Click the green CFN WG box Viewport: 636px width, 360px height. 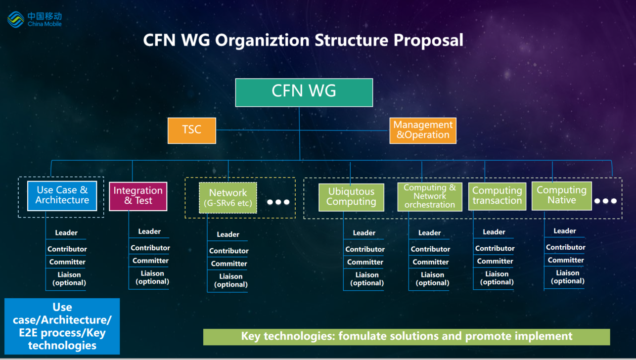click(x=304, y=92)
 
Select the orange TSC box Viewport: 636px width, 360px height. click(x=191, y=130)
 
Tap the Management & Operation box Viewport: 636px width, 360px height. click(x=422, y=130)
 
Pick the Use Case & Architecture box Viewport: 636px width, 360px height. click(x=62, y=195)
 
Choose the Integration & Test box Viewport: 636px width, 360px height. click(x=138, y=196)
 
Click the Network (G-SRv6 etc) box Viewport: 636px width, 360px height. click(x=228, y=197)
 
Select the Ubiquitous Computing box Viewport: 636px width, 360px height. click(x=351, y=197)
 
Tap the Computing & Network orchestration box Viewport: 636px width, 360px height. click(x=429, y=196)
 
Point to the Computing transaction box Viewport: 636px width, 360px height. click(x=497, y=196)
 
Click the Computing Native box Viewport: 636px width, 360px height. click(x=561, y=195)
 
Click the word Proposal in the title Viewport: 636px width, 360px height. click(x=429, y=40)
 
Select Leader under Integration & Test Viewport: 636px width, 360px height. click(x=149, y=231)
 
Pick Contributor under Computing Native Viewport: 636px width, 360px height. click(x=566, y=247)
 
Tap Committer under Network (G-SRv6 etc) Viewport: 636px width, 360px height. click(x=229, y=264)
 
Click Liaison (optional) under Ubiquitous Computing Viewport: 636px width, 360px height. click(x=367, y=279)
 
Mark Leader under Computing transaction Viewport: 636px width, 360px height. click(x=494, y=232)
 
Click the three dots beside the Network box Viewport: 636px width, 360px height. click(x=278, y=202)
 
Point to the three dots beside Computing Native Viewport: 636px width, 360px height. click(x=605, y=201)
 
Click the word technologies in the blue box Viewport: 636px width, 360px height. click(x=62, y=345)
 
